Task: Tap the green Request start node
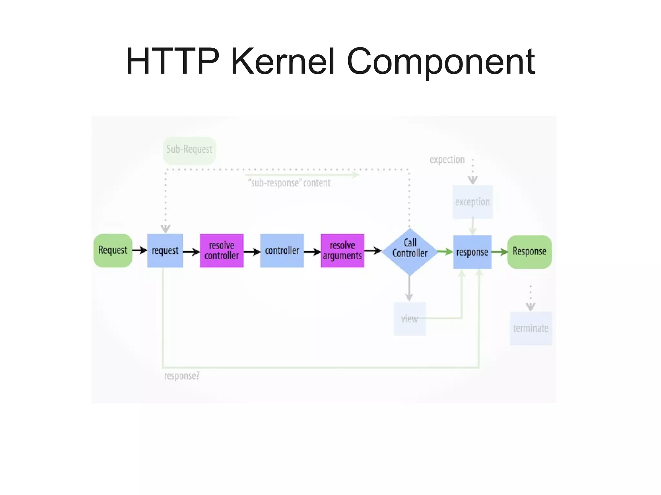[113, 251]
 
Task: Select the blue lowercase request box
[165, 251]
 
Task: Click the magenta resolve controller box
[221, 251]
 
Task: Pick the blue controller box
[282, 251]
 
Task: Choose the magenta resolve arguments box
[342, 251]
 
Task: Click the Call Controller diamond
[410, 252]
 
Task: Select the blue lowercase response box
[472, 252]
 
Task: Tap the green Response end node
[529, 252]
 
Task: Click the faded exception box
[473, 202]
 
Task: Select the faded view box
[410, 319]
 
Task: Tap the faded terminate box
[531, 328]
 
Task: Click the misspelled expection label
[447, 160]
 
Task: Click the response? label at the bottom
[182, 376]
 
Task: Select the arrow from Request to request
[139, 250]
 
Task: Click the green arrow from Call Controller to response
[445, 252]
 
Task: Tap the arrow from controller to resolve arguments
[312, 252]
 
